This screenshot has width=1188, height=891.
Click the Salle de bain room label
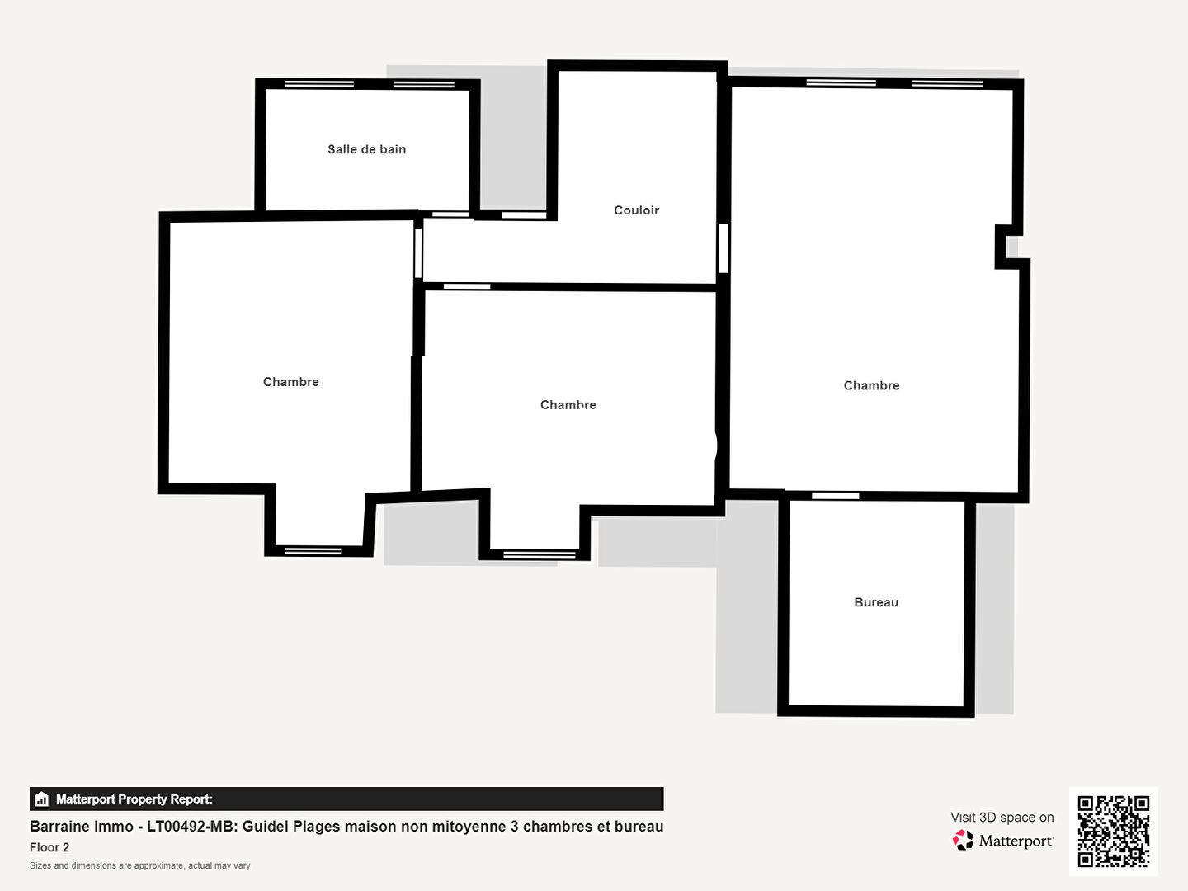366,149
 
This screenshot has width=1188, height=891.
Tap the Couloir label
636,210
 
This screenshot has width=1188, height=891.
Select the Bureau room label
876,602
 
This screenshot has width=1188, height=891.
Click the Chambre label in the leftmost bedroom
290,382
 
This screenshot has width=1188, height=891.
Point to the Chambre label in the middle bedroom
568,404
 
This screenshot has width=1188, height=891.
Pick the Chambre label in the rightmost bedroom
871,386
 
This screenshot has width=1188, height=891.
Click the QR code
1113,831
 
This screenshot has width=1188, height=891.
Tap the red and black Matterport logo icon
963,840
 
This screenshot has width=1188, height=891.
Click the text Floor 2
49,847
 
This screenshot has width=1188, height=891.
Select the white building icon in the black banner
42,799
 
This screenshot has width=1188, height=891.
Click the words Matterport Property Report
134,799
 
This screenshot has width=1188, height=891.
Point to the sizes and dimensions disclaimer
139,865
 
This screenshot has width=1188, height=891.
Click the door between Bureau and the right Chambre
835,496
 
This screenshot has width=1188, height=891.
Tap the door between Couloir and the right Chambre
723,248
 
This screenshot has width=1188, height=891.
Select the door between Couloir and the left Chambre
418,253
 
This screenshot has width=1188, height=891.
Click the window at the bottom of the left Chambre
313,551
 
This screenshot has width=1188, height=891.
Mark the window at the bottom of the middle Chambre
539,554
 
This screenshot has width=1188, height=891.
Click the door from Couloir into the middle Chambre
467,286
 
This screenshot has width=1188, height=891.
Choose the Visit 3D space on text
1002,818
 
